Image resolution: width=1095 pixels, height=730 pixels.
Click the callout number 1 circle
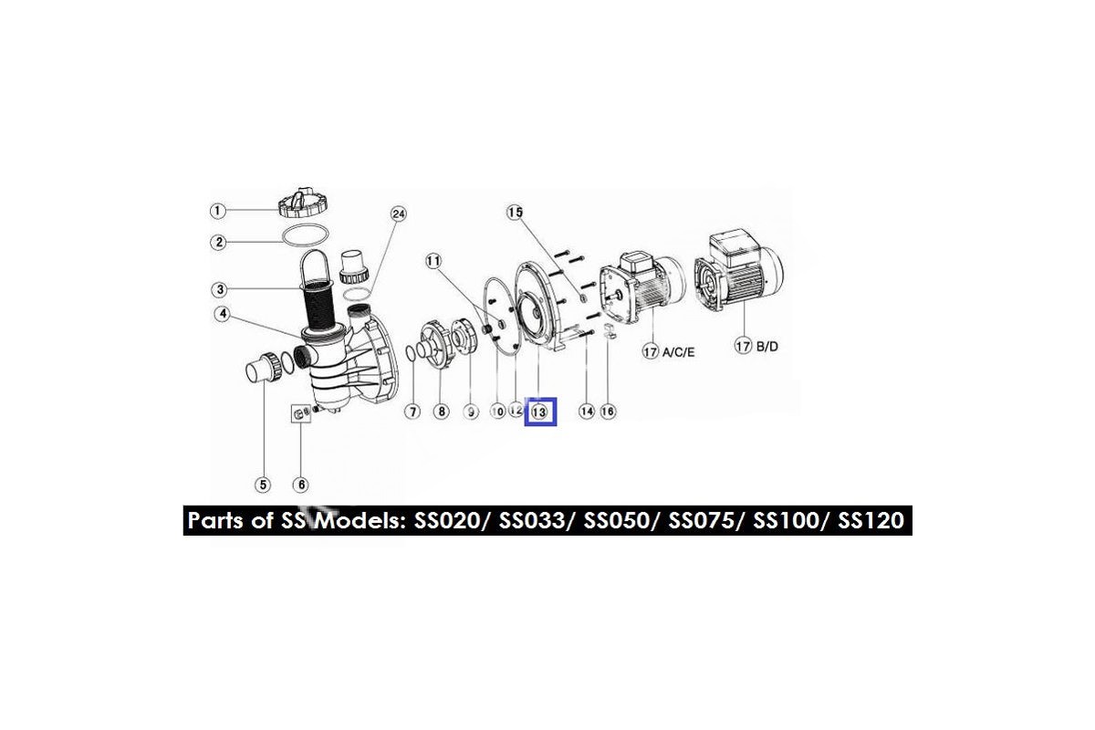point(217,211)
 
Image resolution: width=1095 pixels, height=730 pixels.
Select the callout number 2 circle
point(217,242)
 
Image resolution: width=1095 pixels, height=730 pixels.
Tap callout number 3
point(219,290)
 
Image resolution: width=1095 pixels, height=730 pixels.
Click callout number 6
point(300,484)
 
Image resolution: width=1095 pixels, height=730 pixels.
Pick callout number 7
point(412,412)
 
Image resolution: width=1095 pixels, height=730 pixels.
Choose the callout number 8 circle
point(441,412)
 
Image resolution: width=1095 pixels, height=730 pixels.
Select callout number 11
point(433,261)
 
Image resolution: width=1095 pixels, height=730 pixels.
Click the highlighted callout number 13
point(540,412)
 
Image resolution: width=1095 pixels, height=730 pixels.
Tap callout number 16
point(608,412)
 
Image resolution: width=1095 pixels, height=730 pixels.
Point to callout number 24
point(397,214)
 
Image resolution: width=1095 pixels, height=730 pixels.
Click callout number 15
point(516,213)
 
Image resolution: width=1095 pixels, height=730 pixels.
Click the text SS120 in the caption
point(871,521)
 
